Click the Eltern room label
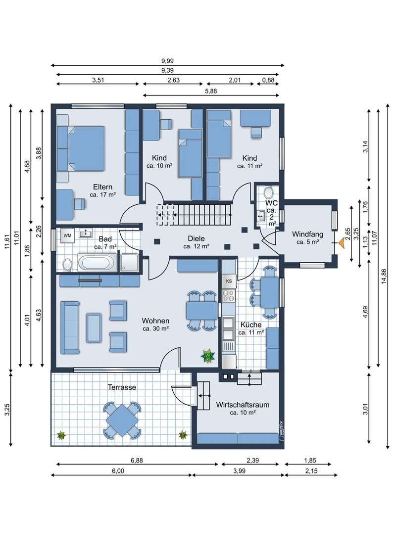click(x=102, y=187)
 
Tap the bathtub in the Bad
click(x=98, y=263)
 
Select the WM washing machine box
click(x=67, y=235)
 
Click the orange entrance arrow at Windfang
click(x=342, y=243)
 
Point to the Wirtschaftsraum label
click(x=243, y=405)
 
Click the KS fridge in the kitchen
click(x=229, y=280)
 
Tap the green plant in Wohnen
click(x=207, y=356)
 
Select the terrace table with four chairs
click(x=122, y=420)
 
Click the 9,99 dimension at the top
click(x=167, y=61)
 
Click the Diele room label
click(x=196, y=238)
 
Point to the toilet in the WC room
click(x=268, y=193)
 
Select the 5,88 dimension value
click(x=211, y=91)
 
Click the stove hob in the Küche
click(x=229, y=295)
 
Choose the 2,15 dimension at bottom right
click(x=311, y=471)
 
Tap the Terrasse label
click(x=122, y=387)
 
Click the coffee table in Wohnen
click(x=94, y=327)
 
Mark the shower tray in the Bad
click(x=129, y=263)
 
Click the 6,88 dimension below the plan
click(x=137, y=461)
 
